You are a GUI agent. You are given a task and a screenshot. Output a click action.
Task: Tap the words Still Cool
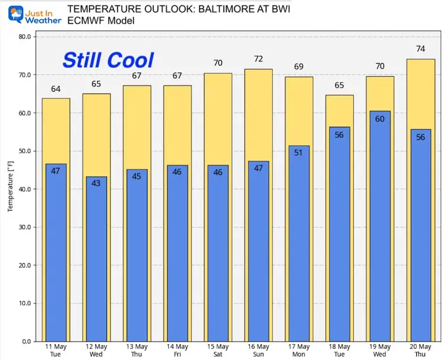tap(108, 60)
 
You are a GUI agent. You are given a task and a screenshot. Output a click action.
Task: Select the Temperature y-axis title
tap(10, 189)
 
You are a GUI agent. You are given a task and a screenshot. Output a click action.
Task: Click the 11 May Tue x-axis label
tap(56, 350)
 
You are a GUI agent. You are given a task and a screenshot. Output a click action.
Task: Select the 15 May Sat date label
tap(218, 350)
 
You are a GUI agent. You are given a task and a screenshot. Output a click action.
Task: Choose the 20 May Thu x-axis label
tap(420, 350)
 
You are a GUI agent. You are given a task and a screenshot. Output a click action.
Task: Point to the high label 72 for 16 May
tap(258, 59)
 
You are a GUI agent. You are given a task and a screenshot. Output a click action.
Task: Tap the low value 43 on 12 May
tap(96, 183)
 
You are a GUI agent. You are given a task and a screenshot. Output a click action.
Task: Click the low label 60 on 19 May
tap(379, 118)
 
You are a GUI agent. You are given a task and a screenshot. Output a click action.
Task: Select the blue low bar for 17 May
tap(299, 250)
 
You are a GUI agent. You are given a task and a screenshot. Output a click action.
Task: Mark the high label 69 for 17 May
tap(299, 67)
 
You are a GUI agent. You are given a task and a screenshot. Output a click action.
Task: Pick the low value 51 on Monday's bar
tap(299, 152)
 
